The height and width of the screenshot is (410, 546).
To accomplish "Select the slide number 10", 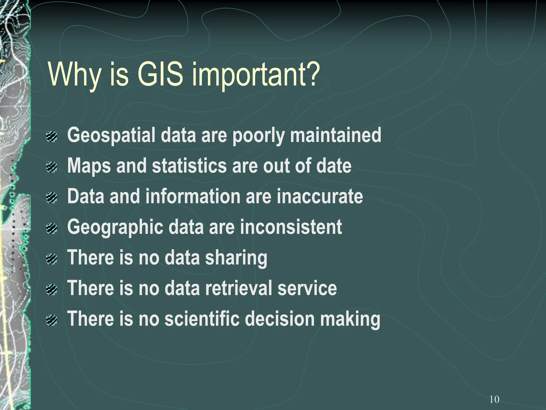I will click(494, 399).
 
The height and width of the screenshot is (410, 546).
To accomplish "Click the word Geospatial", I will click(111, 136).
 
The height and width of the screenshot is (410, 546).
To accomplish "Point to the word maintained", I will click(336, 135).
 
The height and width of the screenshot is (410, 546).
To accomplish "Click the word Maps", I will click(89, 166).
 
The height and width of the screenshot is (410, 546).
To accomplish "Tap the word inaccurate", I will click(320, 196).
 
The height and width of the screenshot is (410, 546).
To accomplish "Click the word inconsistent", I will click(291, 227).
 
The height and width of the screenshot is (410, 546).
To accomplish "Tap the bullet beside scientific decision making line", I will click(51, 320).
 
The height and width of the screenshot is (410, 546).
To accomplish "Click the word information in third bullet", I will click(193, 196).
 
